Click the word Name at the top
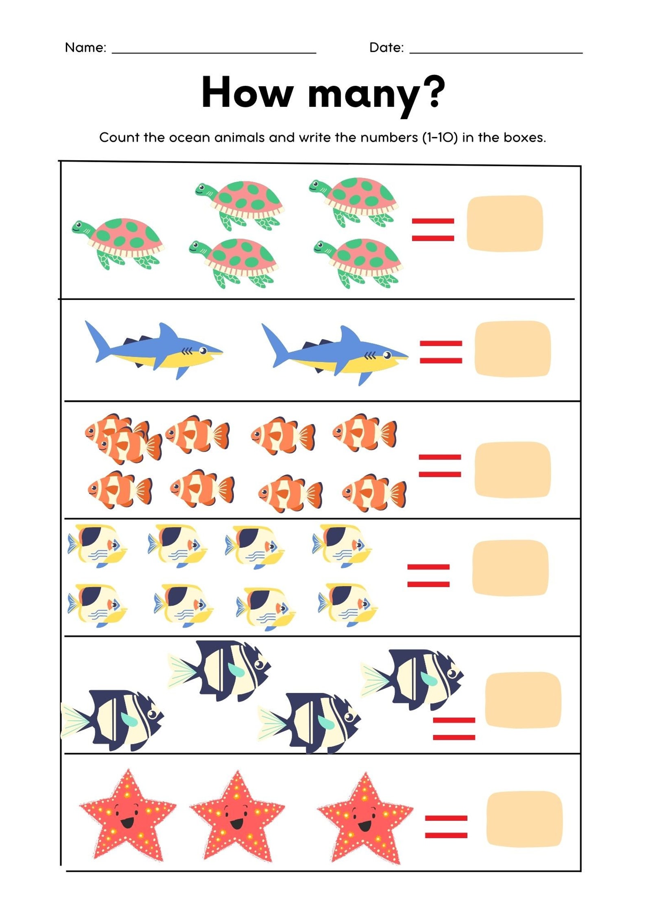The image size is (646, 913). (x=85, y=48)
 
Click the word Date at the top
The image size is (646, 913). (x=386, y=48)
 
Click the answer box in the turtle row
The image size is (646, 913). (x=504, y=224)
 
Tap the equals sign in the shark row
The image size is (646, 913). (x=441, y=352)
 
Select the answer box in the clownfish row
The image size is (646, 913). (x=512, y=470)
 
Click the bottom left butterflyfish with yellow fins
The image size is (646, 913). (x=97, y=605)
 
